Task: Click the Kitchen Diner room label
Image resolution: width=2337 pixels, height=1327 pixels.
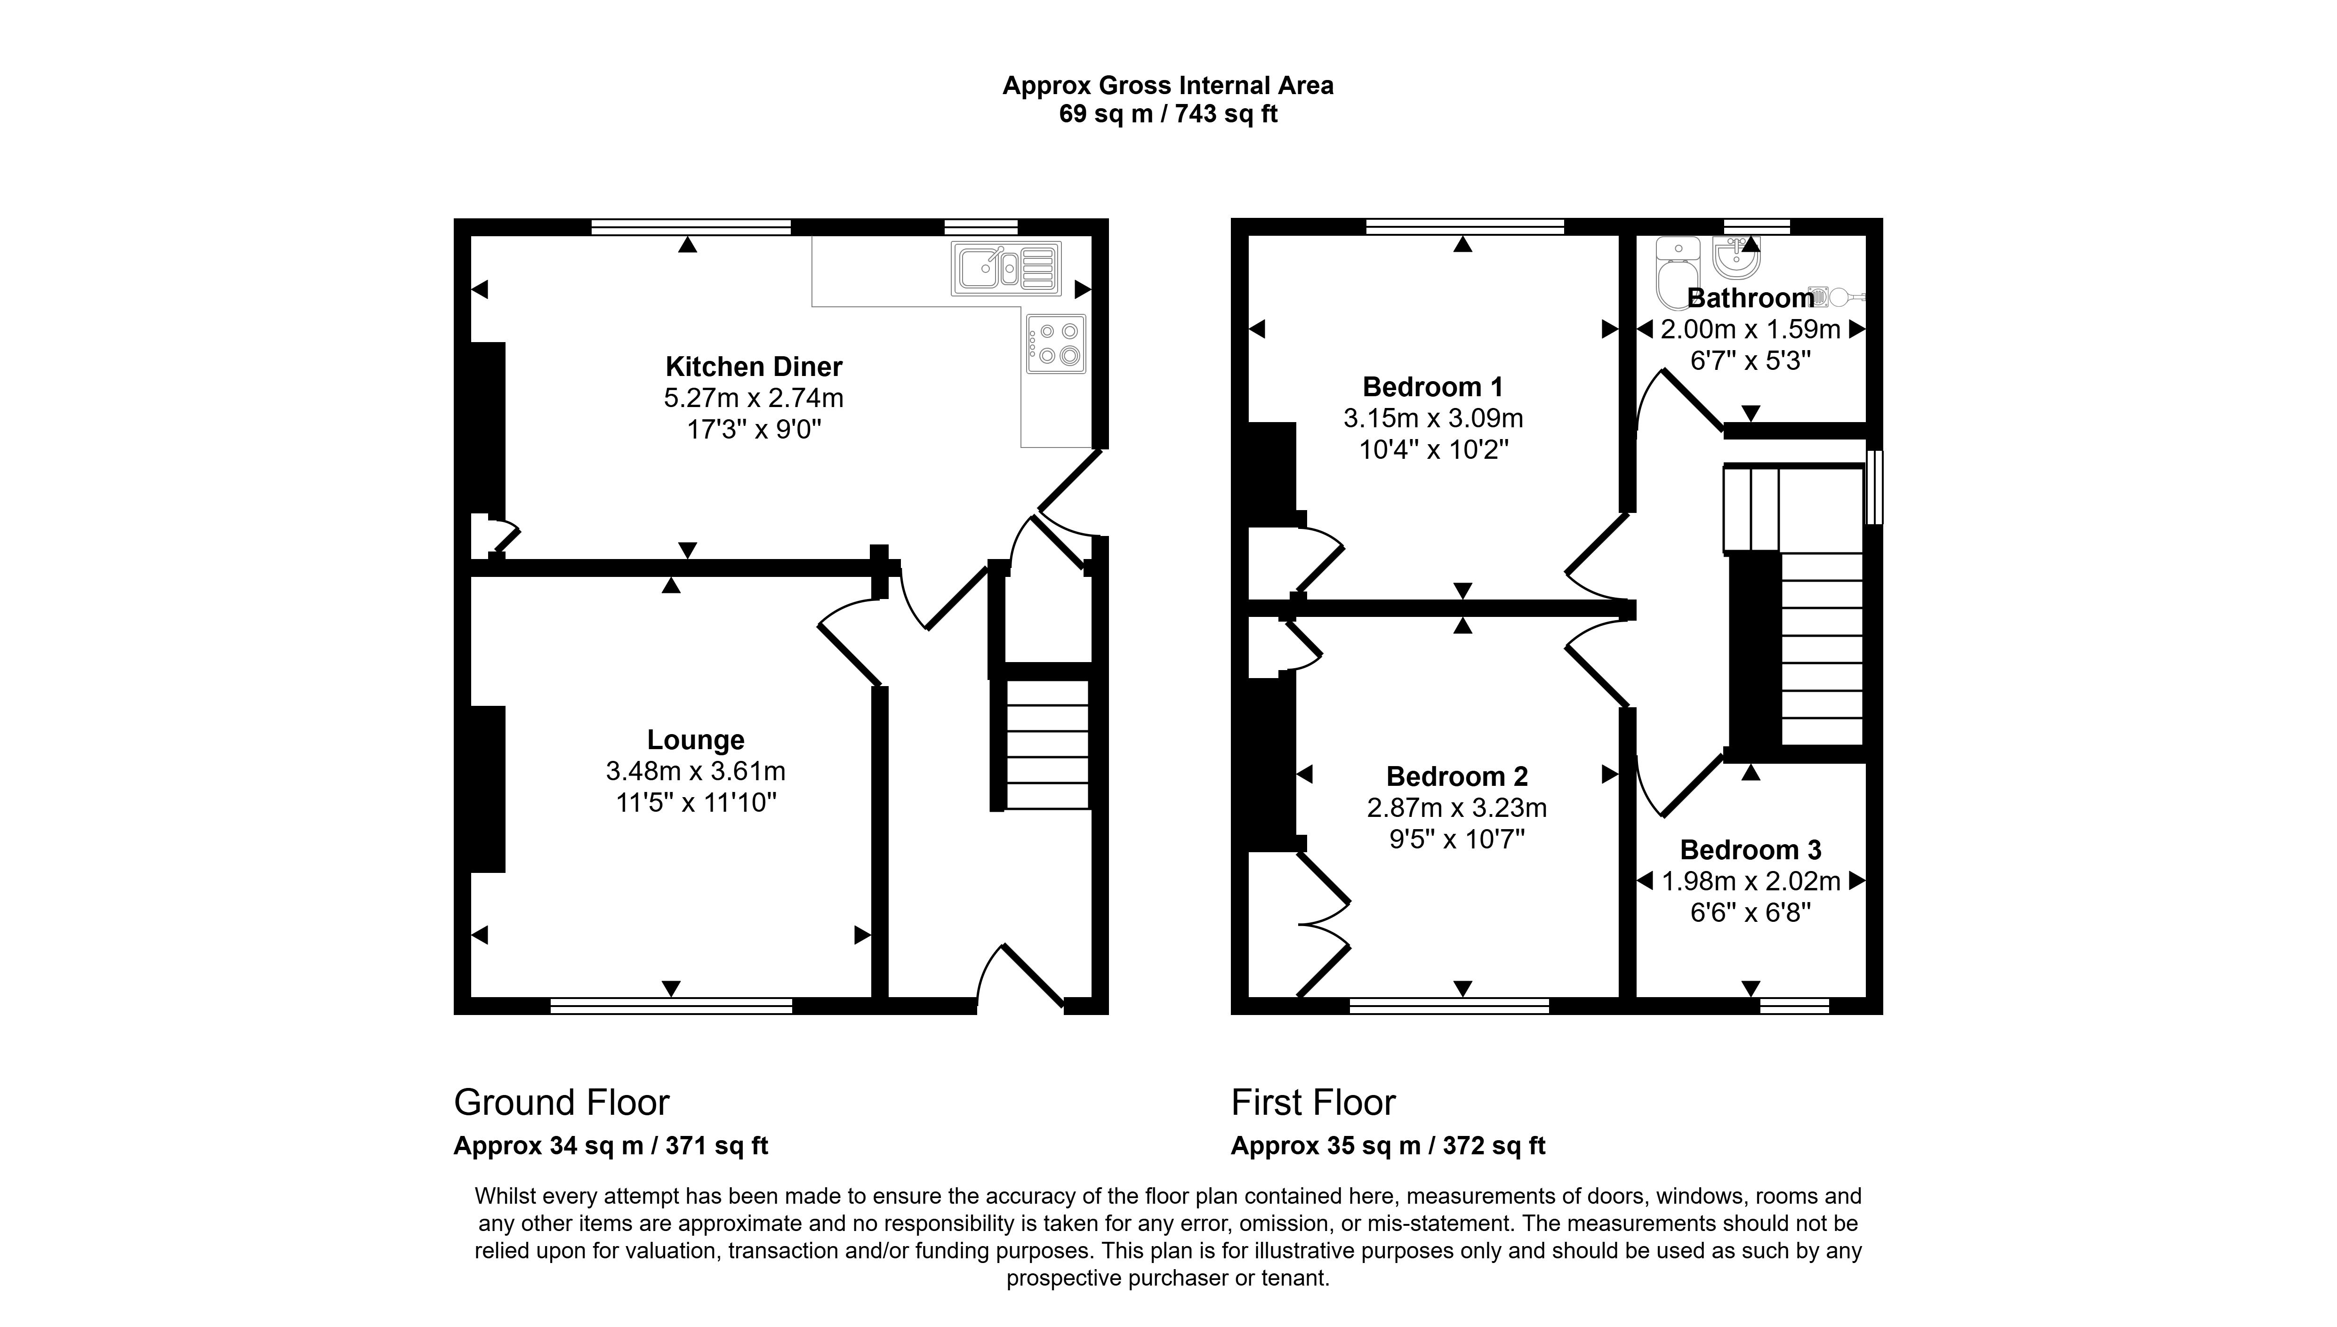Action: click(754, 367)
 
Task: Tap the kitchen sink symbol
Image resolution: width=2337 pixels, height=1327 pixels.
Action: click(1006, 268)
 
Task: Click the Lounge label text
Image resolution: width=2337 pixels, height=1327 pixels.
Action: click(695, 739)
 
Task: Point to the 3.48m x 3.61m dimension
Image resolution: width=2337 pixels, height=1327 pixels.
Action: click(695, 771)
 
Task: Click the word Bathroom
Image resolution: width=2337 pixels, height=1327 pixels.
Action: click(1750, 298)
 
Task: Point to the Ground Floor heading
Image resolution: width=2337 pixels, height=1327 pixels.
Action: click(562, 1103)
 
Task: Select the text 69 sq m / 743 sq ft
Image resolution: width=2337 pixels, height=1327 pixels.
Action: click(1168, 114)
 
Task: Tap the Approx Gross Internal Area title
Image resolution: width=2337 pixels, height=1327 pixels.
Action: click(1168, 86)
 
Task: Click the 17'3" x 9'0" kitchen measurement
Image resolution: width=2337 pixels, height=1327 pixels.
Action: click(754, 429)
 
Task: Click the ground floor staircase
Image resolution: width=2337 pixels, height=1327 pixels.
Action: click(1046, 743)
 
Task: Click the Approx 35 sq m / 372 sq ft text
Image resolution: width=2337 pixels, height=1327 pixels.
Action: click(1388, 1146)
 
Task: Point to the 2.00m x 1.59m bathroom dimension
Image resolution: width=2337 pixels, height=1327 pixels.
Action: click(1750, 329)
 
